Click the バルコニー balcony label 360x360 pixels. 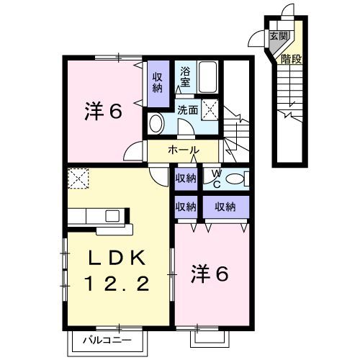106,339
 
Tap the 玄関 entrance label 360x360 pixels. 277,36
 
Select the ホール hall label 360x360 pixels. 184,150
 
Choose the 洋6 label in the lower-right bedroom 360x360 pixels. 210,274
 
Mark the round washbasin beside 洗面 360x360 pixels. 155,124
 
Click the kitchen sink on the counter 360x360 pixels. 113,215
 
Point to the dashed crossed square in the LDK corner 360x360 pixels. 77,177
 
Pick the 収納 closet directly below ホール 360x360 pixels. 185,177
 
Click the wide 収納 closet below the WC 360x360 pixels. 225,207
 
